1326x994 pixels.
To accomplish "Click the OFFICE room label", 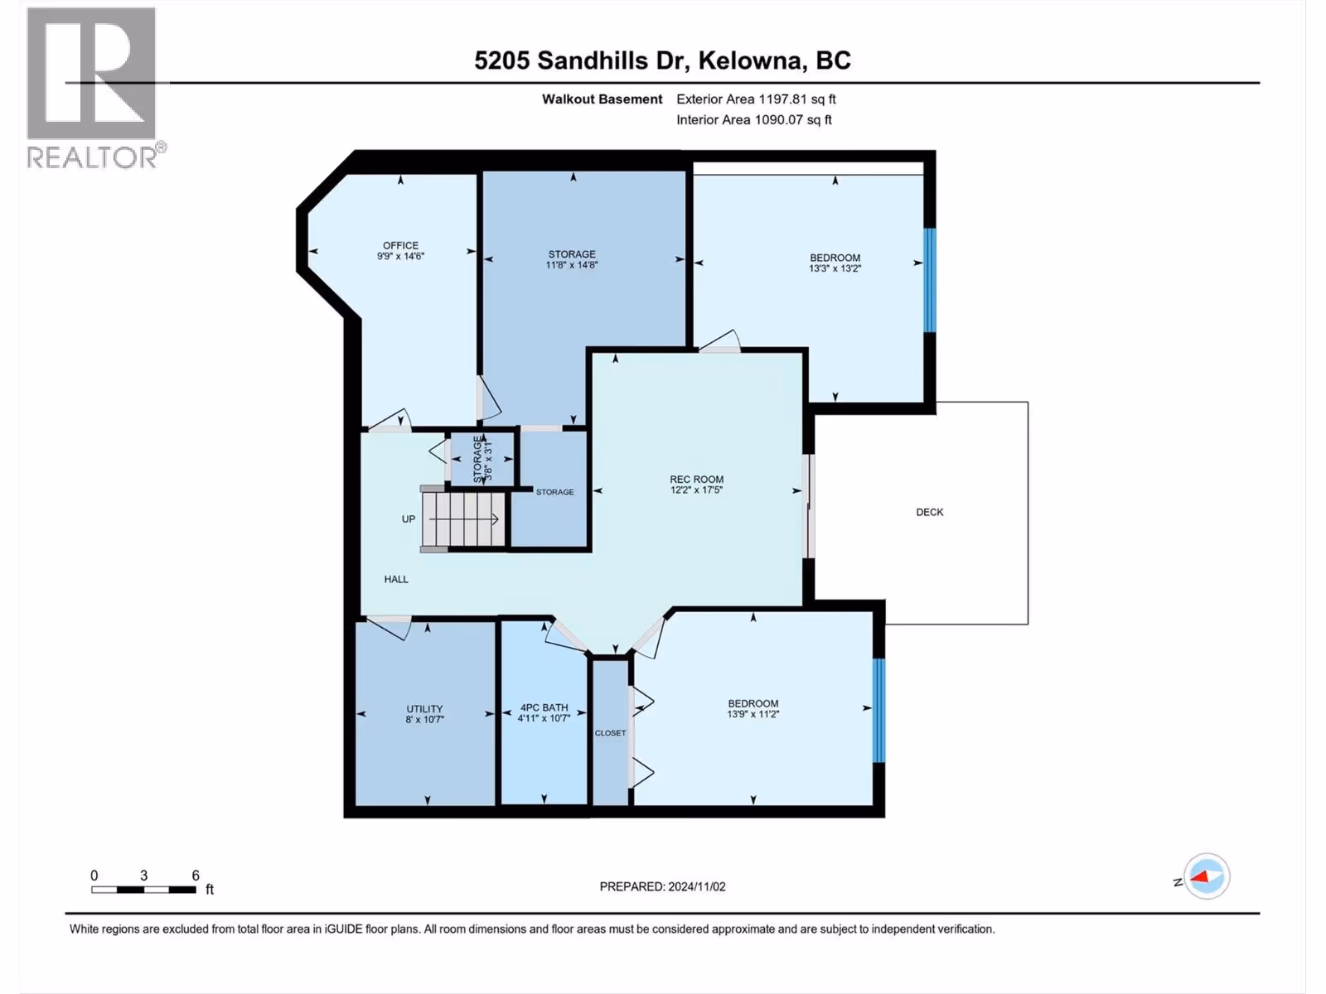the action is [400, 246].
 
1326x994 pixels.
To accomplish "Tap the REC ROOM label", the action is [696, 480].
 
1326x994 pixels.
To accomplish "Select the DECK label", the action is [930, 512].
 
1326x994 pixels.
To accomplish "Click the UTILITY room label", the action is [424, 708].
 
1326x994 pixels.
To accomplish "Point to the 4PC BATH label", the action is [544, 707].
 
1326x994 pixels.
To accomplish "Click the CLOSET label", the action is [610, 733].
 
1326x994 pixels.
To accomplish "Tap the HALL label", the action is [396, 579].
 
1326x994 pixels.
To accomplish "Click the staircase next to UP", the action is [463, 519].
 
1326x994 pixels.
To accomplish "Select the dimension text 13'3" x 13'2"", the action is [835, 268].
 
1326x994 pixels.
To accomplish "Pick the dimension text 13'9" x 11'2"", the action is [753, 714].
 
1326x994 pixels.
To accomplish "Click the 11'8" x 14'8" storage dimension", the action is [572, 264].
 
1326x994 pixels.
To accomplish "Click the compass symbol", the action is [1207, 876].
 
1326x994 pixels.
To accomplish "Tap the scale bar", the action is [143, 890].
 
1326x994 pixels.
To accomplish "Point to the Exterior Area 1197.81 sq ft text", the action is [757, 99].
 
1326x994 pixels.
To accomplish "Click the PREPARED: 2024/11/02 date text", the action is [663, 886].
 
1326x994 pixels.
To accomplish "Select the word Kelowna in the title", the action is [753, 60].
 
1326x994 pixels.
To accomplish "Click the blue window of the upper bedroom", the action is [931, 280].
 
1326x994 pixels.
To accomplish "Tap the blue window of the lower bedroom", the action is [879, 711].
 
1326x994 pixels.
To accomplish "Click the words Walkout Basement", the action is [602, 99].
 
